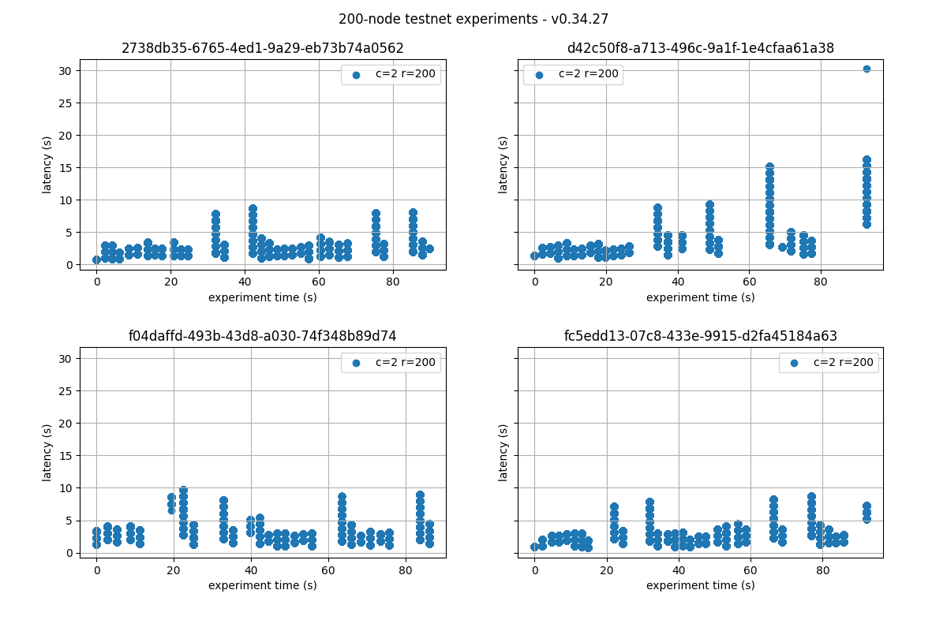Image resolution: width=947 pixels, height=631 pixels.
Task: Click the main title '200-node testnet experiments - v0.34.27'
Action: tap(473, 19)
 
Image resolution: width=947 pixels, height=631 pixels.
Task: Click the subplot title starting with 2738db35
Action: tap(263, 48)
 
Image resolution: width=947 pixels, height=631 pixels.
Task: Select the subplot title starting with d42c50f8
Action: tap(700, 48)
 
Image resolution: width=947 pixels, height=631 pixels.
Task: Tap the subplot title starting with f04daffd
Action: tap(263, 336)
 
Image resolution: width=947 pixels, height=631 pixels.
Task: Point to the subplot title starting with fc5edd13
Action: tap(700, 336)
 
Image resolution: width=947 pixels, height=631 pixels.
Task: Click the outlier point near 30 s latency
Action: tap(867, 69)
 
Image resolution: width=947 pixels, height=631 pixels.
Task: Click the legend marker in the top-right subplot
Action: tap(539, 75)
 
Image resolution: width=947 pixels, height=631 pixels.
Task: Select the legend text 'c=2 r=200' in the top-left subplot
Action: tap(405, 74)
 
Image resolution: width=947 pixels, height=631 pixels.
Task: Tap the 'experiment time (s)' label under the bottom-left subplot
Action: tap(263, 585)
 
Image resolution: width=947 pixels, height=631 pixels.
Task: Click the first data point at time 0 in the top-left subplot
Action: tap(96, 259)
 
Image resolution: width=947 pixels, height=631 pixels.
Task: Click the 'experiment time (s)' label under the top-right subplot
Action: tap(700, 297)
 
